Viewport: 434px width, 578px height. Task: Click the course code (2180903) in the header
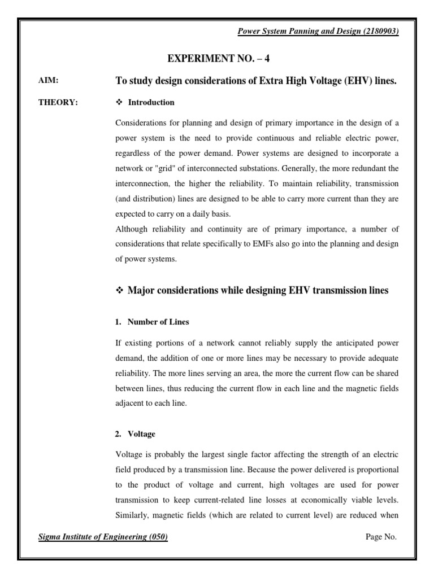point(379,32)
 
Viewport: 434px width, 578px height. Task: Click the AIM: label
point(47,81)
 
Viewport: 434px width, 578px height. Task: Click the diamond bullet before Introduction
point(119,103)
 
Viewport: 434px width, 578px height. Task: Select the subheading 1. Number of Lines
point(152,322)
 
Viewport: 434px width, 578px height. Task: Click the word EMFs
point(283,244)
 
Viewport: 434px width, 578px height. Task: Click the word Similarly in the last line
point(132,515)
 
